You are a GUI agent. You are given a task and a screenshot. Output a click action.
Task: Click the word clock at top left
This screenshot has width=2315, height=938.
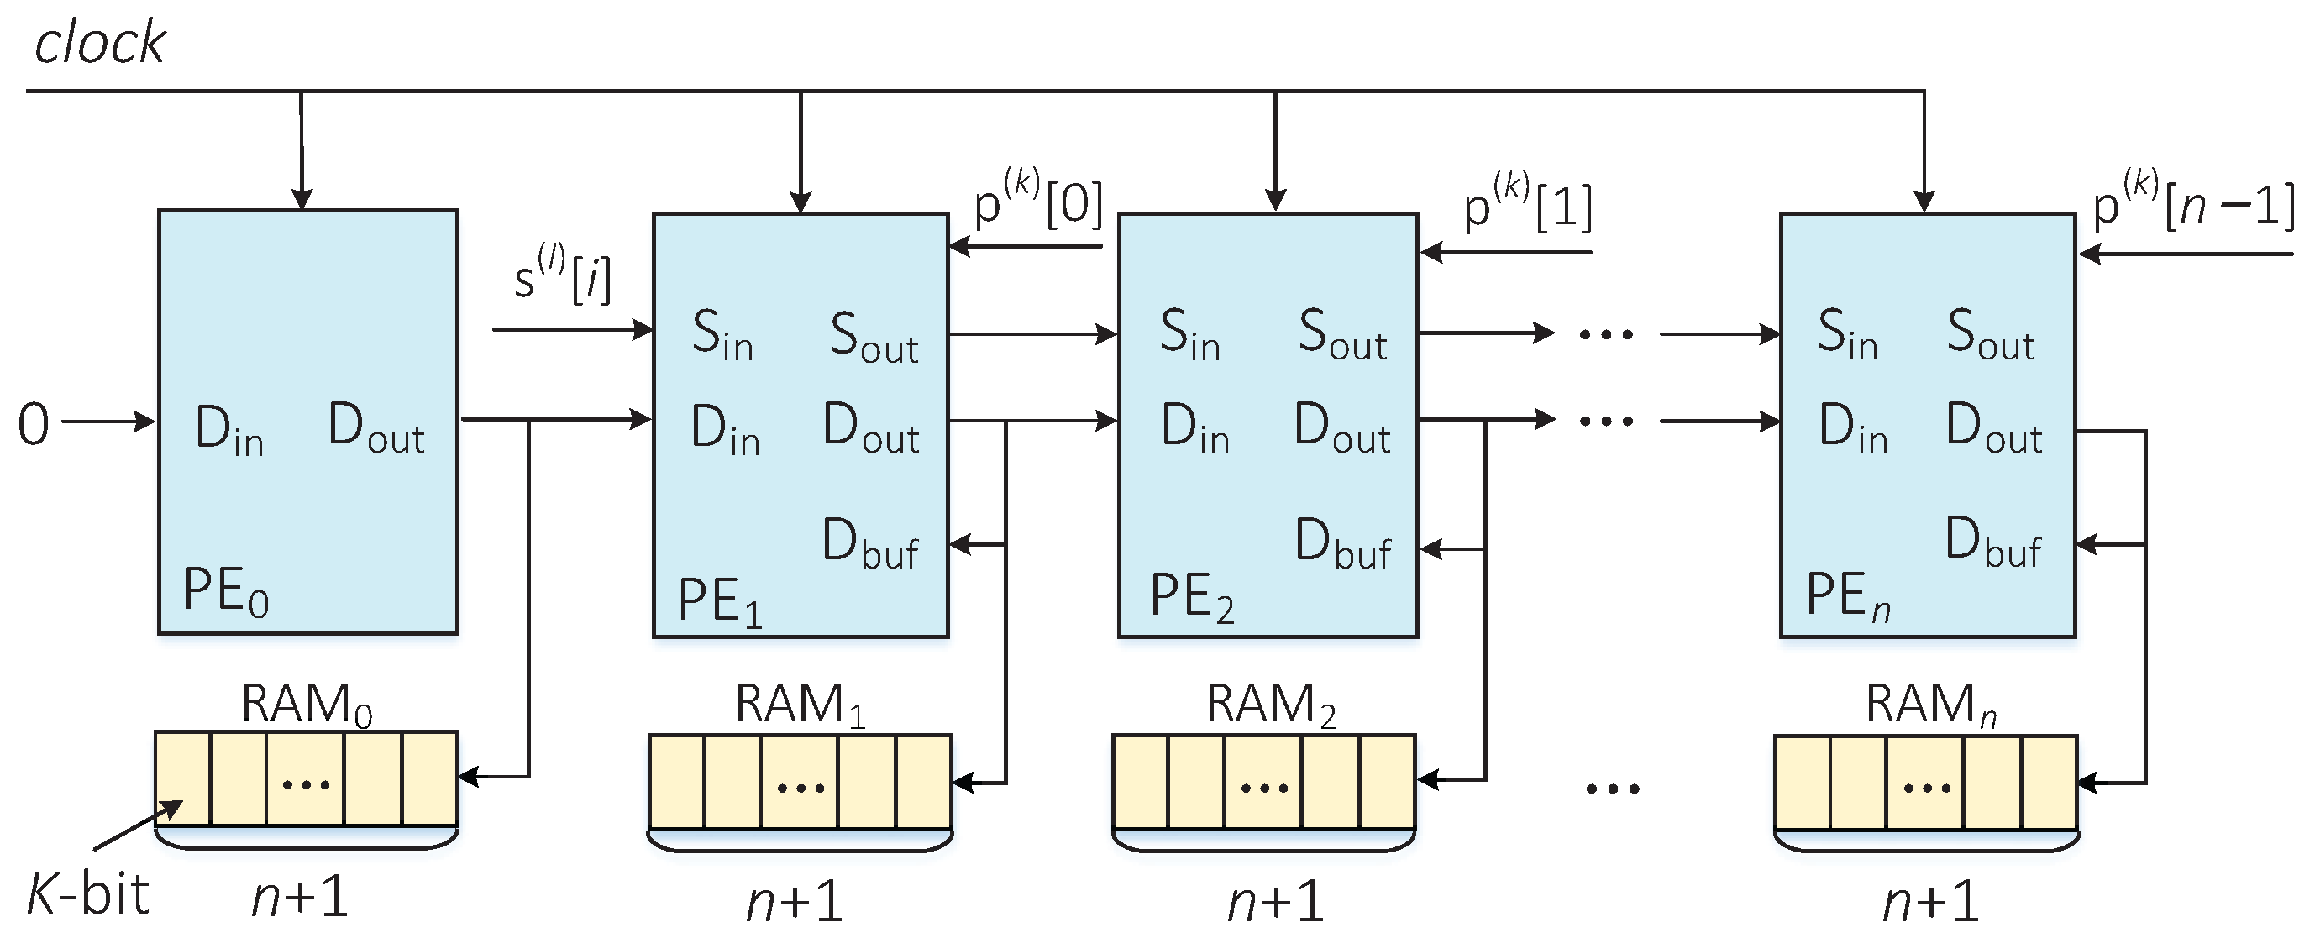coord(99,43)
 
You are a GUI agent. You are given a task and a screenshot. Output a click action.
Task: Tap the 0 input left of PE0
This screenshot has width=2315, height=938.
coord(34,424)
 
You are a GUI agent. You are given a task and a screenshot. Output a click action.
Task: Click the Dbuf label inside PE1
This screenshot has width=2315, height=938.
coord(870,544)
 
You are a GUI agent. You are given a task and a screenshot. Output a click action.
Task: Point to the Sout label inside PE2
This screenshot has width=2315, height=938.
coord(1342,335)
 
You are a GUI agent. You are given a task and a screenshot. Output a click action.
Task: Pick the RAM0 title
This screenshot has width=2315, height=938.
coord(306,704)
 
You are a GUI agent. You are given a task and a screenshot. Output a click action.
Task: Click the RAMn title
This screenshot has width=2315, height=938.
coord(1930,704)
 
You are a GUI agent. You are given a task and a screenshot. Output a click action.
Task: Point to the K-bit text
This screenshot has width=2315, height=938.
coord(87,895)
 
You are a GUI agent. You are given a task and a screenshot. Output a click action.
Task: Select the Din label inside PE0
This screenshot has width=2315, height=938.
coord(229,429)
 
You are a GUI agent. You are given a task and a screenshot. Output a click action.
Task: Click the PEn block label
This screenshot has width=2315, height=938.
coord(1848,596)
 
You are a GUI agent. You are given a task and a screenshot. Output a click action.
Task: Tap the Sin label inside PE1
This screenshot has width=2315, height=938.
coord(722,335)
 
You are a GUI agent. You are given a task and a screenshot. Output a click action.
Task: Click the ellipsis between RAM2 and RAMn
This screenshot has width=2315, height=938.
coord(1612,789)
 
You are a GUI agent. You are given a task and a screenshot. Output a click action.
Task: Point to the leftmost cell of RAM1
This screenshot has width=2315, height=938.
coord(677,781)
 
